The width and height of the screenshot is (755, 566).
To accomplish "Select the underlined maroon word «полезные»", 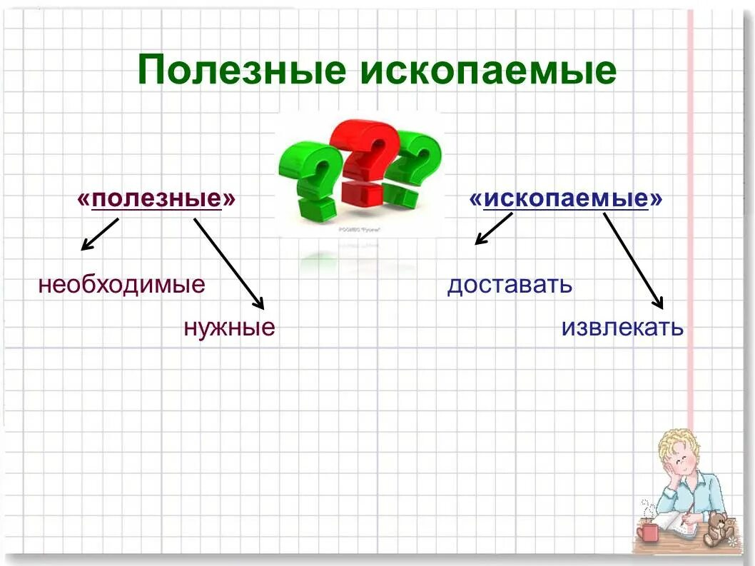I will click(x=156, y=199).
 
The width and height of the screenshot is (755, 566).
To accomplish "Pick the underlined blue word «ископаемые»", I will click(x=566, y=199).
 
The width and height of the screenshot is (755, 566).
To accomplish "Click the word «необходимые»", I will click(x=122, y=285).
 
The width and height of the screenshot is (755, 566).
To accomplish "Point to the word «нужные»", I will click(x=229, y=328).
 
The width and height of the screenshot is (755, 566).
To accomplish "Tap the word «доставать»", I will click(x=510, y=285).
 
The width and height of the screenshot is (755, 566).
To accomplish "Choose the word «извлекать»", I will click(x=622, y=328).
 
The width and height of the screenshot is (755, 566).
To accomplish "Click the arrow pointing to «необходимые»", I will click(x=99, y=234).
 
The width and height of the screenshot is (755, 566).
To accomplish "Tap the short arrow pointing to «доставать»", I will click(x=494, y=229).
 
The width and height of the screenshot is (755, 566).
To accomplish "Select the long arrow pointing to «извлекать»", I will click(x=634, y=261).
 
